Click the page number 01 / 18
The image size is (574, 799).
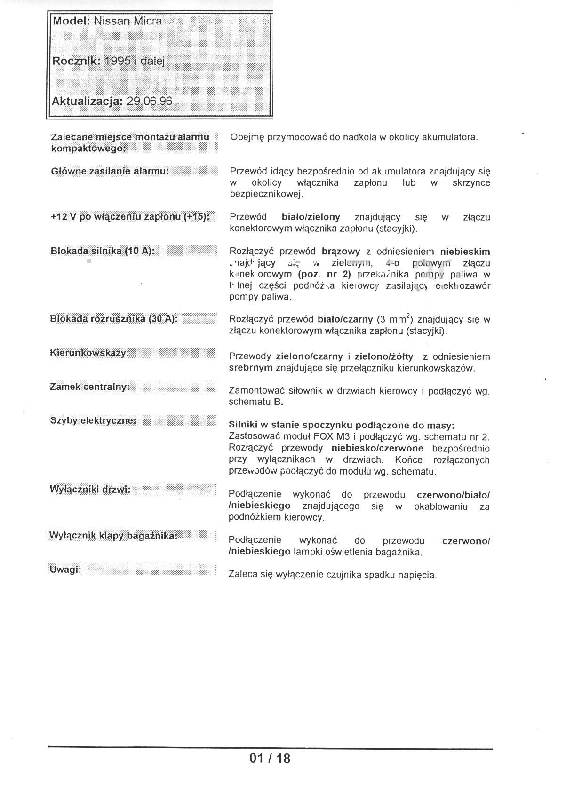click(x=270, y=759)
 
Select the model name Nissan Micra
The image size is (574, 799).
click(x=128, y=21)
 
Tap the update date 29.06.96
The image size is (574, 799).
click(x=149, y=101)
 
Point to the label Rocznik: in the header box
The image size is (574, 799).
click(x=76, y=61)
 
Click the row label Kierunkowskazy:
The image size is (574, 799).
click(x=89, y=353)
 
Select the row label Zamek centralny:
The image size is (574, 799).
click(x=90, y=387)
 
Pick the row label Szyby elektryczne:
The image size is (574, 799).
click(x=93, y=420)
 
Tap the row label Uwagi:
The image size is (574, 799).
click(x=65, y=570)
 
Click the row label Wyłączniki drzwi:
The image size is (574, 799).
click(x=90, y=490)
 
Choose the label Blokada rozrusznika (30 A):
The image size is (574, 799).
click(x=113, y=319)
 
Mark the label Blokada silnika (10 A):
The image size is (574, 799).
click(x=102, y=251)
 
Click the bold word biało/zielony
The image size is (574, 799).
click(x=311, y=217)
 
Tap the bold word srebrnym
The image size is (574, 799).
click(x=250, y=368)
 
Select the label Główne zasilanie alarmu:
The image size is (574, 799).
click(x=110, y=171)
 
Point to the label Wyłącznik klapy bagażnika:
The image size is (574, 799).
click(x=113, y=536)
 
